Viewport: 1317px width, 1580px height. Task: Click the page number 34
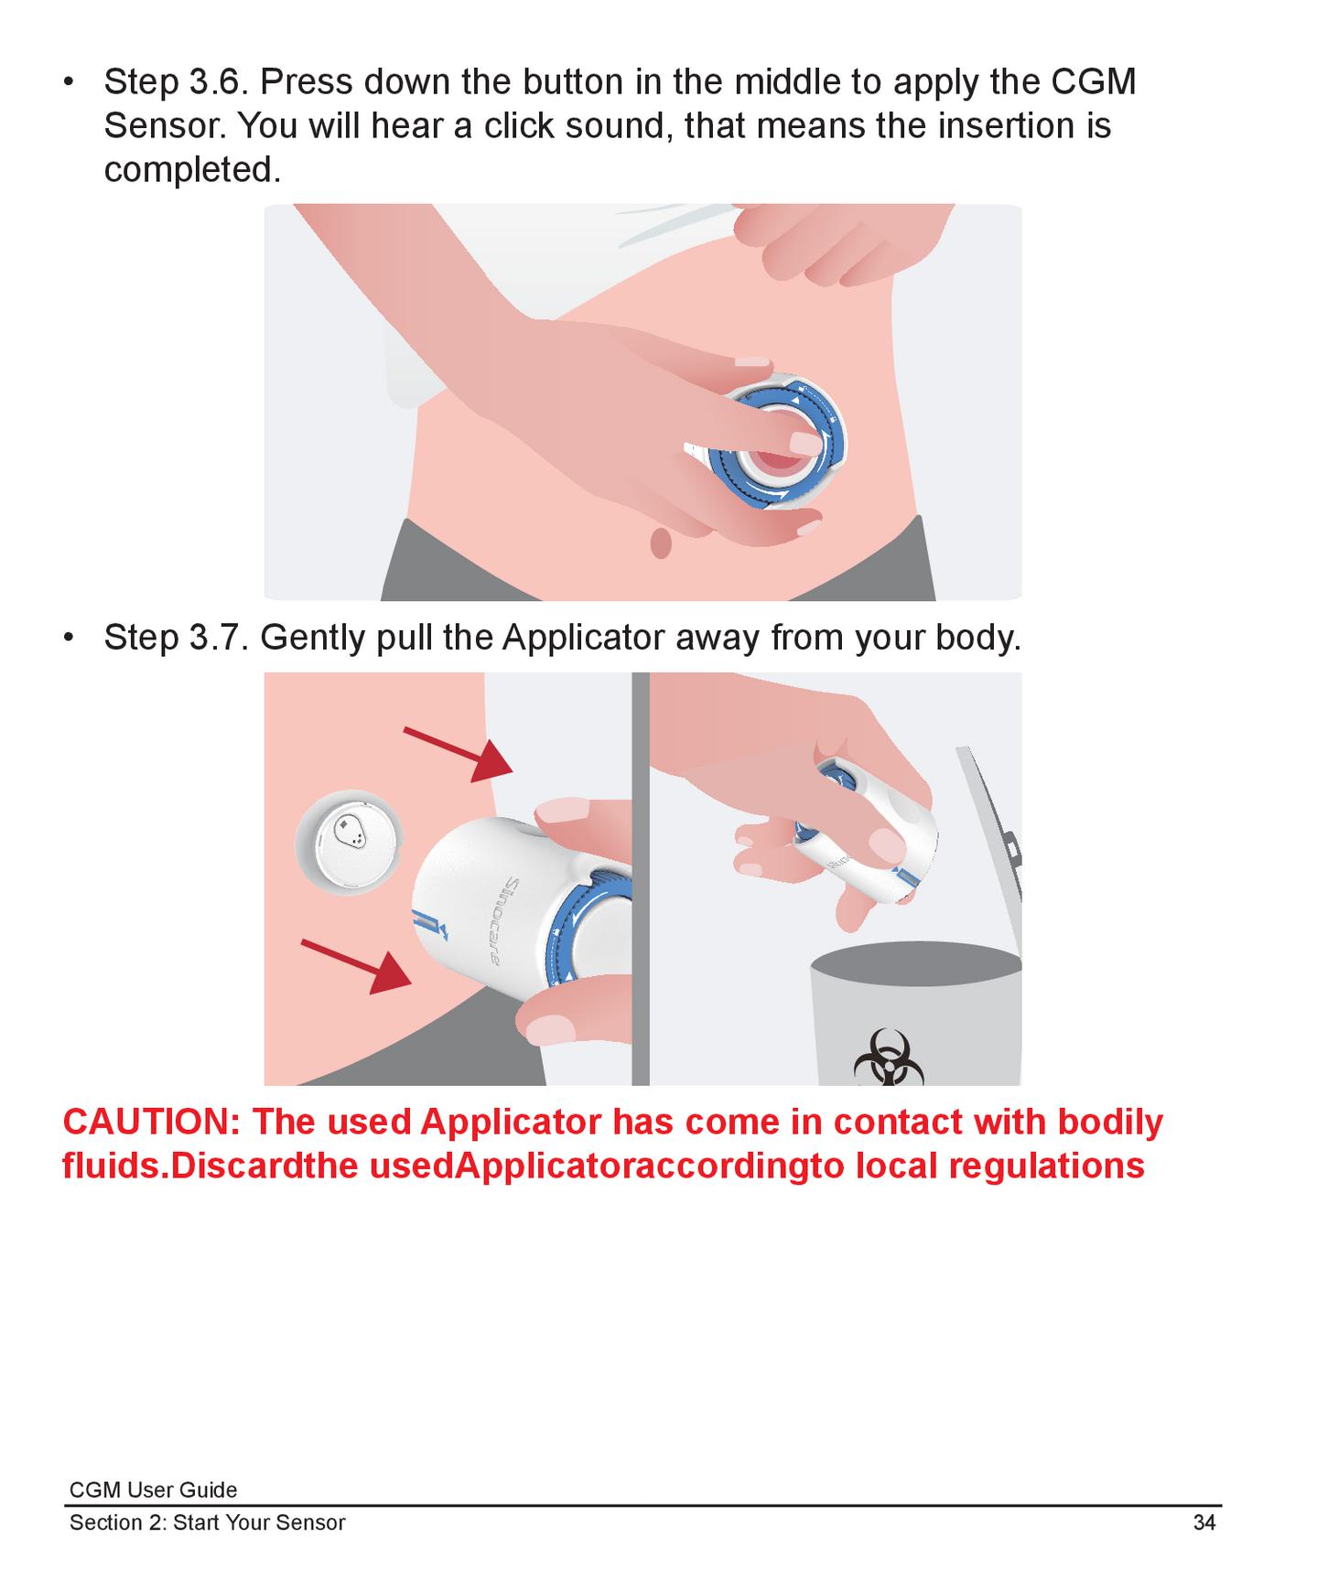[1204, 1522]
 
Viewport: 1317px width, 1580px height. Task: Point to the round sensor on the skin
[348, 841]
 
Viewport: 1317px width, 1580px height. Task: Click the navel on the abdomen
[660, 543]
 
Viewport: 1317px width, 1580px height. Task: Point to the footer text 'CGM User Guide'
[153, 1489]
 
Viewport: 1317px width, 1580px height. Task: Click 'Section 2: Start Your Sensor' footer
[208, 1522]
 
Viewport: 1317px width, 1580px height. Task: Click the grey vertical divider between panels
[641, 878]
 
